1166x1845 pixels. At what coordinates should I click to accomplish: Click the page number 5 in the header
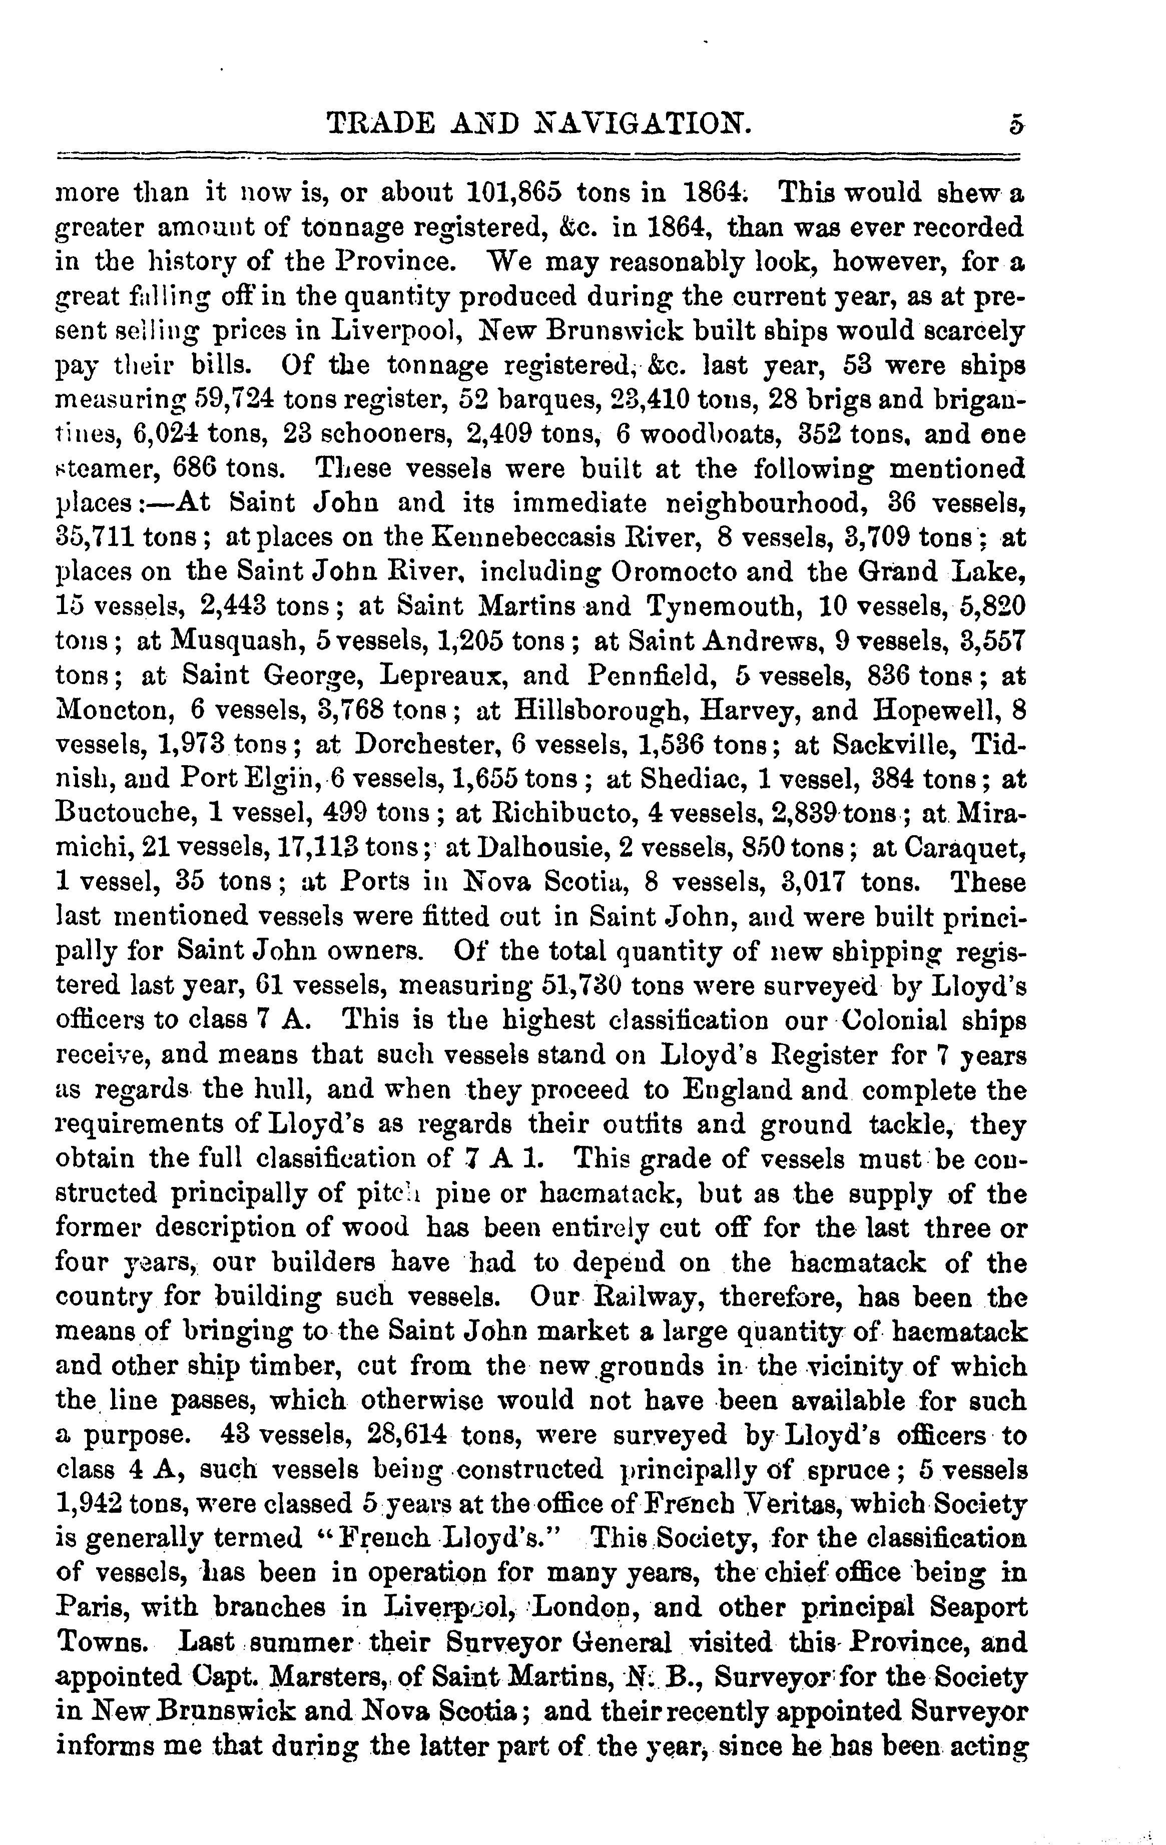pos(1016,124)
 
